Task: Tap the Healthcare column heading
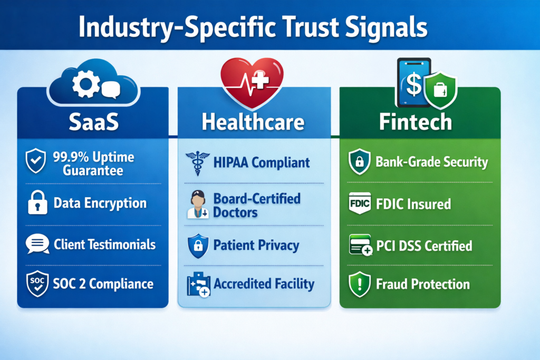point(253,122)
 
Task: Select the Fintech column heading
point(416,122)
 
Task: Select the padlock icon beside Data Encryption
point(37,203)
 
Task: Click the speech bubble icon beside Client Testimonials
point(37,244)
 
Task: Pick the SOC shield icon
point(37,284)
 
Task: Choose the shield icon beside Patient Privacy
point(197,245)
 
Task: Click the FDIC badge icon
point(360,203)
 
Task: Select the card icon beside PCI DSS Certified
point(361,246)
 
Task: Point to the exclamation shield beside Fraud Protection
point(360,285)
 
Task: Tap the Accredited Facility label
point(264,284)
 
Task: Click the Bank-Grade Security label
point(431,162)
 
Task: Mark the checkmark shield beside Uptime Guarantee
point(37,161)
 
